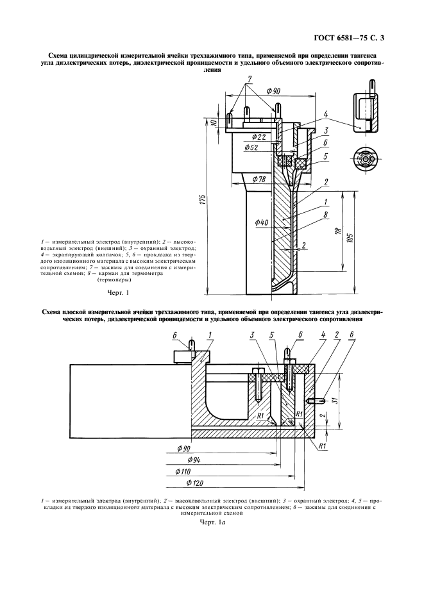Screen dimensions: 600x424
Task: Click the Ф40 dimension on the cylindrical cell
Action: click(x=261, y=222)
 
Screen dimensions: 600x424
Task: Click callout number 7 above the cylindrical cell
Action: click(x=248, y=78)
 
